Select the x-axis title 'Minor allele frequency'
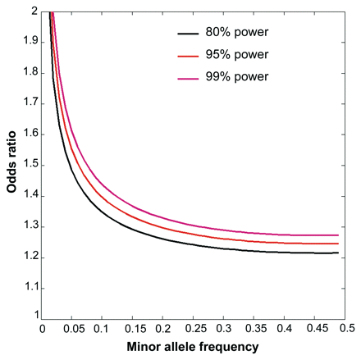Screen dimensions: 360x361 (194, 348)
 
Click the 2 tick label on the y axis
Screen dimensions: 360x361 (33, 11)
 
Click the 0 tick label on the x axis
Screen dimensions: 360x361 (42, 328)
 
